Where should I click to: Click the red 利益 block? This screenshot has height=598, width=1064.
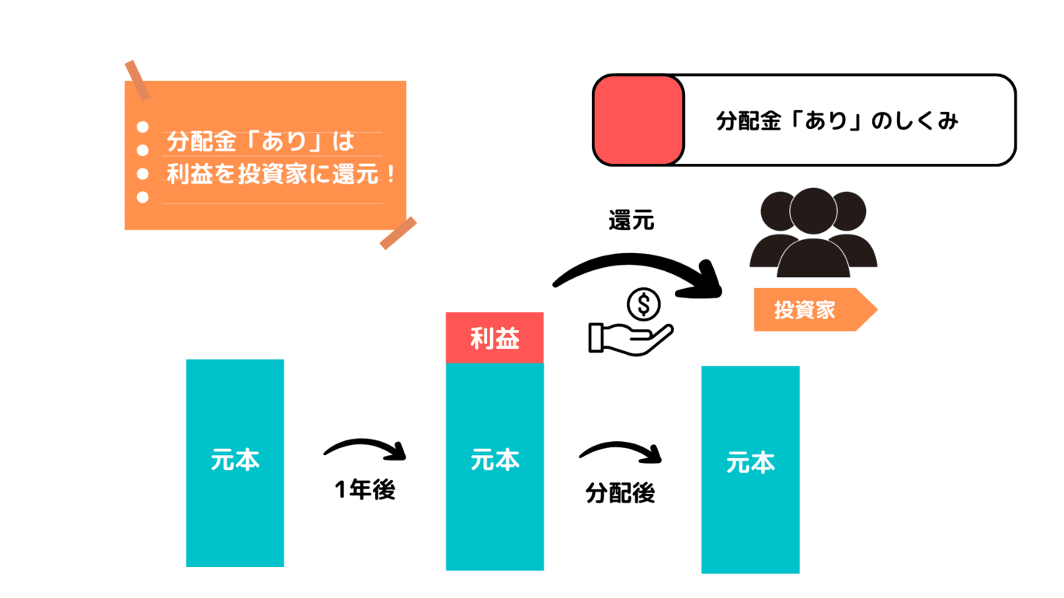[495, 338]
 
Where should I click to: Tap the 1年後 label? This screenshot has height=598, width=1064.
[365, 490]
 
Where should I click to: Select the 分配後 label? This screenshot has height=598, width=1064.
[620, 493]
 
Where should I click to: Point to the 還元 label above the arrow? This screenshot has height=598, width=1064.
[631, 221]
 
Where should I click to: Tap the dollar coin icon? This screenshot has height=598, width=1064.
[644, 304]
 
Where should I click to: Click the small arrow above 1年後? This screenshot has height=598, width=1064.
[365, 448]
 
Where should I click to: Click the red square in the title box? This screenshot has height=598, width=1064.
[638, 120]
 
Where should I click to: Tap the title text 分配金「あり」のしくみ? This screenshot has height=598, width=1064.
[836, 121]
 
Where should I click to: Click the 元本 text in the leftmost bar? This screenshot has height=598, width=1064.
[235, 460]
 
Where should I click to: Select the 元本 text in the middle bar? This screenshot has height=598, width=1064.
[495, 460]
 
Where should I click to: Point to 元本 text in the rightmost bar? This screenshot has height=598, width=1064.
[750, 464]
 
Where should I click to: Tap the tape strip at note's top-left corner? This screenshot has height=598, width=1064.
[137, 80]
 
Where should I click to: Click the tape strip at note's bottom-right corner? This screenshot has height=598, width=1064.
[398, 233]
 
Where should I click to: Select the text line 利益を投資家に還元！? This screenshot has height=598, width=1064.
[281, 173]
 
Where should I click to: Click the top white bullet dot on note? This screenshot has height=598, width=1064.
[142, 127]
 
